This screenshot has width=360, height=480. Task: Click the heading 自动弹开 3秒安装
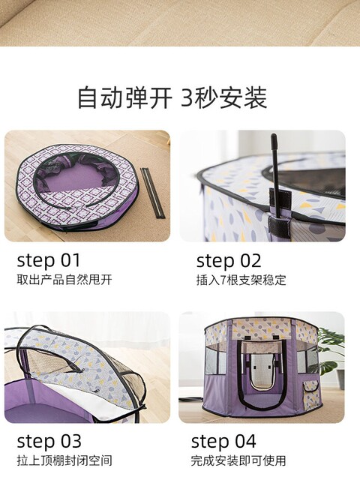click(172, 97)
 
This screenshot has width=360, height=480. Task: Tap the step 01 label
click(48, 261)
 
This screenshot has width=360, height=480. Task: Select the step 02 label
click(229, 261)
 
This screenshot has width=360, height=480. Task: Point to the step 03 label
click(49, 441)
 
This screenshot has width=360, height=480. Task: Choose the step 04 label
click(223, 441)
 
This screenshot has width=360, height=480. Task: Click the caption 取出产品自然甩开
click(59, 280)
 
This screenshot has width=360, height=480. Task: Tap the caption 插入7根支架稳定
click(241, 280)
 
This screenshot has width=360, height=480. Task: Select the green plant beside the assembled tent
click(331, 349)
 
